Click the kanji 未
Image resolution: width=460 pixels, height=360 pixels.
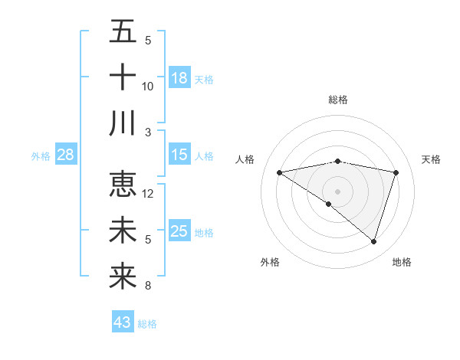click(123, 231)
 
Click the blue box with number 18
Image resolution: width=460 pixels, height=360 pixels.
click(179, 78)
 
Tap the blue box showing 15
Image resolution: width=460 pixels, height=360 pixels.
click(179, 155)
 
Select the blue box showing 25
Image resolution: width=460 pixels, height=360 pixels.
click(179, 232)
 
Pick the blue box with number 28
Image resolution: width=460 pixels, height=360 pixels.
click(66, 155)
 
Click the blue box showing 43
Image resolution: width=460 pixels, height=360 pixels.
click(123, 322)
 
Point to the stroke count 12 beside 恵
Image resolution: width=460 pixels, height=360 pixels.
click(149, 194)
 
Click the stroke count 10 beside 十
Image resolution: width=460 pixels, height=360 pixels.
click(148, 86)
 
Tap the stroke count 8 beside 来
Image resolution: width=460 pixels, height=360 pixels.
click(148, 286)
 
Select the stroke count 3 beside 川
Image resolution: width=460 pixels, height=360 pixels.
click(148, 132)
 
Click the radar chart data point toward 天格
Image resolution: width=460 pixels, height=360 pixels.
click(396, 172)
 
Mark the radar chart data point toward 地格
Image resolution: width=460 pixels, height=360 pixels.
click(374, 241)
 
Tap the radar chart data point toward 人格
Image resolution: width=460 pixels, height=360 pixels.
click(280, 172)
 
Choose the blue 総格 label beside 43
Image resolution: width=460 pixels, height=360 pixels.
click(147, 324)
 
